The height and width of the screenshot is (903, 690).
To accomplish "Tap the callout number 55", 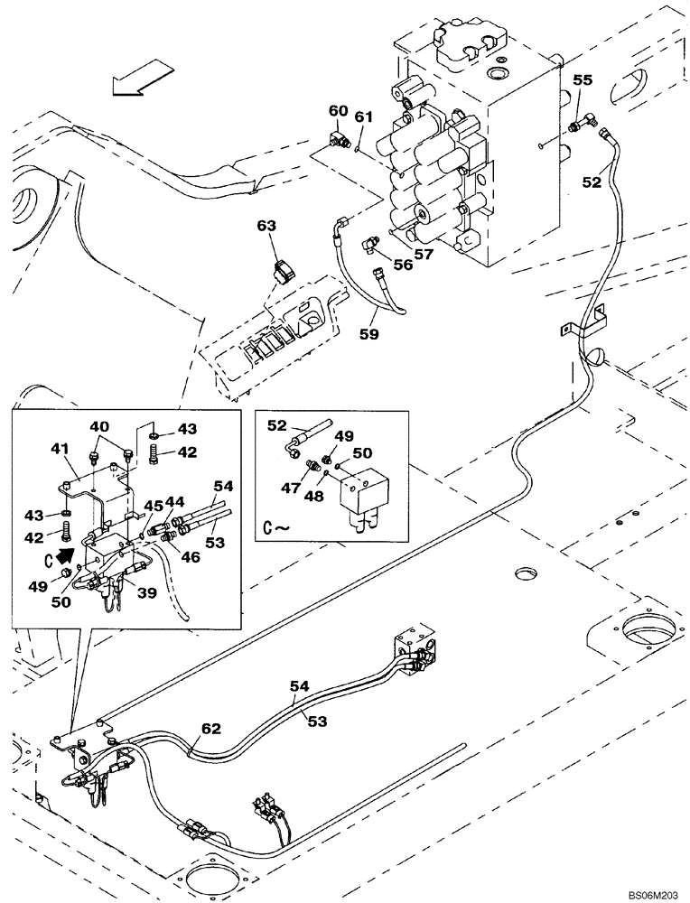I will [x=582, y=81].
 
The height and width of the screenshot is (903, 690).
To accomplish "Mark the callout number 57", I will [x=424, y=255].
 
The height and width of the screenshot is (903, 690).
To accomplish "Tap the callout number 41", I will [x=61, y=447].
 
